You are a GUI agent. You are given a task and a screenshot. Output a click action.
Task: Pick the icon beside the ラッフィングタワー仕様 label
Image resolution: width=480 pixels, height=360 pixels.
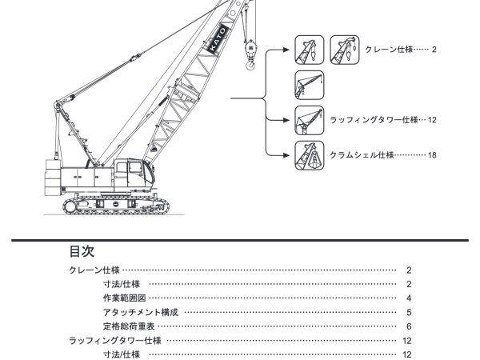(x=309, y=119)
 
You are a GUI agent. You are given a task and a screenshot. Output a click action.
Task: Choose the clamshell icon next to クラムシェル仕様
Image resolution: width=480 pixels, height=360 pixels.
(x=309, y=154)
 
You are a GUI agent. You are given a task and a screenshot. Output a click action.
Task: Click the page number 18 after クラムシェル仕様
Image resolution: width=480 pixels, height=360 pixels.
(x=432, y=154)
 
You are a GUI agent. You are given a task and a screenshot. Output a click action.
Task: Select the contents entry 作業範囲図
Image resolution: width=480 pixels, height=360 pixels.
(x=124, y=298)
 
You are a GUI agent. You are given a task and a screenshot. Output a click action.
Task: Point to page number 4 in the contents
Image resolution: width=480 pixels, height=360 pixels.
(x=408, y=298)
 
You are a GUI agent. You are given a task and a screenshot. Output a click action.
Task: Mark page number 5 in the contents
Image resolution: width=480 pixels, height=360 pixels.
(x=408, y=312)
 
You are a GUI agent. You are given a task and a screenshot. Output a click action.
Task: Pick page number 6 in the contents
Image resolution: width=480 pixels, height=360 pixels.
(x=408, y=326)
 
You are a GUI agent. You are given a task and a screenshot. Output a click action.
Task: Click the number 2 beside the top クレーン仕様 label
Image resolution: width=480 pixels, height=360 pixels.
(x=434, y=50)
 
